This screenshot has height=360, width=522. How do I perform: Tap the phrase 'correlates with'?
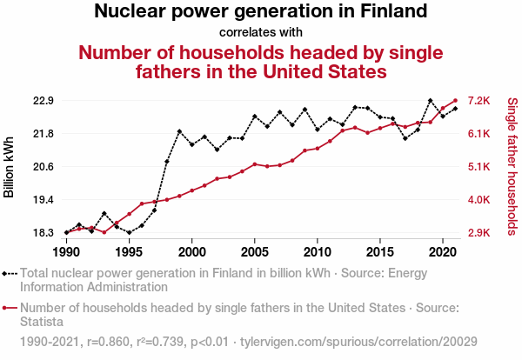(x=261, y=32)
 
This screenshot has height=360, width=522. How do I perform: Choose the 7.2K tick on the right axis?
(x=481, y=101)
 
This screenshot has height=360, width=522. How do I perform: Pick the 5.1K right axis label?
(x=481, y=167)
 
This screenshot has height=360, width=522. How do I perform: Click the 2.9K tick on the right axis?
(x=481, y=233)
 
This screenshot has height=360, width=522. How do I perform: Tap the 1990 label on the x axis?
(x=66, y=251)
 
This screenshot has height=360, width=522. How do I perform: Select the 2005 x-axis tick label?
(x=254, y=251)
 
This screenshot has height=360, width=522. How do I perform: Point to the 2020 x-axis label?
(x=443, y=251)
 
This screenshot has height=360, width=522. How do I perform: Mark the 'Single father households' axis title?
(x=512, y=167)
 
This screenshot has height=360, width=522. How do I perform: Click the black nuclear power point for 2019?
(x=431, y=101)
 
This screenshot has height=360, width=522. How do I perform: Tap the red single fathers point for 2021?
(x=456, y=101)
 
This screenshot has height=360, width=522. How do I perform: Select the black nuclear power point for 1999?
(x=179, y=131)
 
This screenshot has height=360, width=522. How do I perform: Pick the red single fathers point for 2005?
(x=254, y=163)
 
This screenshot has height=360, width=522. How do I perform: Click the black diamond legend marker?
(x=10, y=273)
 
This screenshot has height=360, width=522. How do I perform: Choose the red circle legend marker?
(x=10, y=308)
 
